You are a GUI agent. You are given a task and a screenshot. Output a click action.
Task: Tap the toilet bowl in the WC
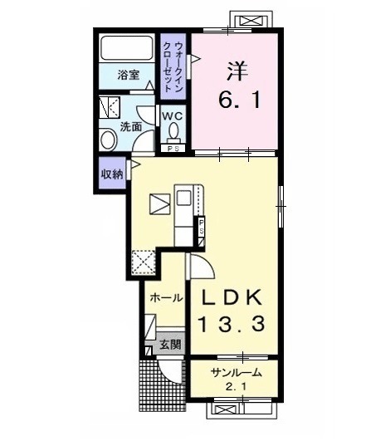point(173,130)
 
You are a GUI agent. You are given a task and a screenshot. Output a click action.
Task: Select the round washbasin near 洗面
point(109,139)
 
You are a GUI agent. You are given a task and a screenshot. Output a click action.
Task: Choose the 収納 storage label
point(112,174)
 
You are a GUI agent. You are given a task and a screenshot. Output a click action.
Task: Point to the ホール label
point(166,297)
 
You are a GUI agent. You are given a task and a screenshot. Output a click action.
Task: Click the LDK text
point(232,297)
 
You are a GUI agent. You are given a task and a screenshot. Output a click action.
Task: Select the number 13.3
point(232,324)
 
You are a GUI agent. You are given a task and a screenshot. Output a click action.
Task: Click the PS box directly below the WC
point(173,149)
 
